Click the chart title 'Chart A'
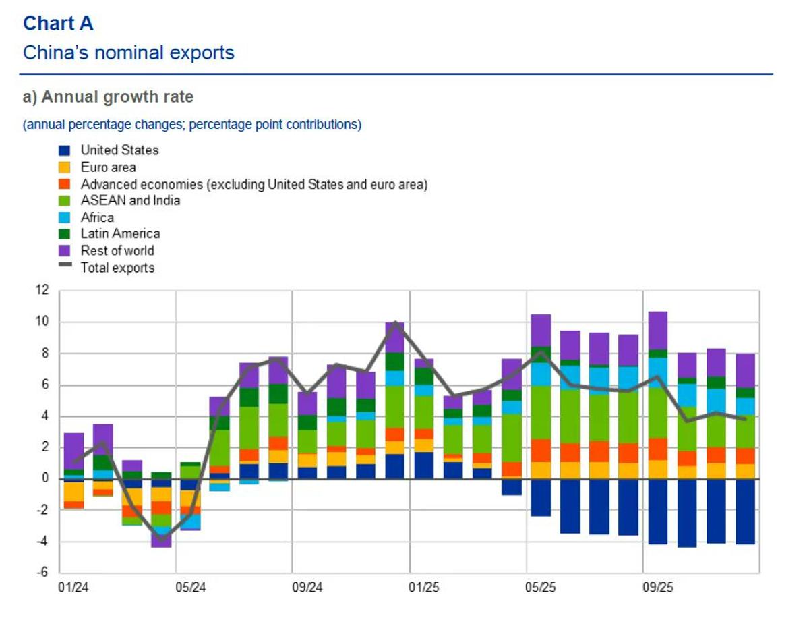tap(58, 24)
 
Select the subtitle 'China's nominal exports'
tap(128, 53)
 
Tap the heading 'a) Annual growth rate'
tap(108, 97)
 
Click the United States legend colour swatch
tap(65, 150)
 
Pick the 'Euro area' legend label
tap(108, 167)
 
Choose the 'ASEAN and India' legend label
tap(130, 200)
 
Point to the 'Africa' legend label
tap(97, 217)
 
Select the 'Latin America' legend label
tap(120, 234)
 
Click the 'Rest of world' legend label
tap(117, 251)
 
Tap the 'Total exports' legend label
tap(117, 268)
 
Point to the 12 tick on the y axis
tap(42, 290)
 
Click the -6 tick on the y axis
tap(42, 573)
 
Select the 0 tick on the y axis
tap(46, 479)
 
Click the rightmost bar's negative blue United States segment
tap(745, 511)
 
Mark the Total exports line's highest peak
tap(395, 324)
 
